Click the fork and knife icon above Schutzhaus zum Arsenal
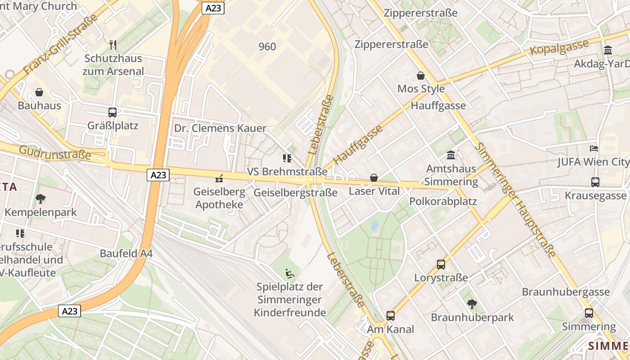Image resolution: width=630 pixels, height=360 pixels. [x=113, y=45]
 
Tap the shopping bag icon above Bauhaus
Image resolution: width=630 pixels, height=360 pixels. [x=39, y=92]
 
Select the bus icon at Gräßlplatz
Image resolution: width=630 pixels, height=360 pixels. [x=112, y=112]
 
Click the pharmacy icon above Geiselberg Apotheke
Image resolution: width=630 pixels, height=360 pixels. [x=219, y=179]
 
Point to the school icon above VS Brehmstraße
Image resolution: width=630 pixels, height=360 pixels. [x=287, y=158]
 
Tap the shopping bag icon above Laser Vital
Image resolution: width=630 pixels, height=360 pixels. [x=373, y=178]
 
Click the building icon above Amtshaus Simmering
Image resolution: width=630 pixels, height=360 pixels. [x=450, y=155]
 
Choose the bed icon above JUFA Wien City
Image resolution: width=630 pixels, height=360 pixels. [x=594, y=148]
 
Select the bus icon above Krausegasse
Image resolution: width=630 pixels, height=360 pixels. [x=595, y=182]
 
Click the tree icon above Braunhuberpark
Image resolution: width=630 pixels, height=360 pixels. [x=472, y=304]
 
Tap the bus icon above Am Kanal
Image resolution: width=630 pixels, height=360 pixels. [x=390, y=316]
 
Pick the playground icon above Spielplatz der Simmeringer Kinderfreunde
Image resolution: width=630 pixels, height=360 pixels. [x=290, y=273]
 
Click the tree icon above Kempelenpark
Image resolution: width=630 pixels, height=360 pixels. [x=40, y=198]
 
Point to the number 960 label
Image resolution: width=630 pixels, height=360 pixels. [x=267, y=46]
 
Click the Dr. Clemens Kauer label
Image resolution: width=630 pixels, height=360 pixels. [x=220, y=128]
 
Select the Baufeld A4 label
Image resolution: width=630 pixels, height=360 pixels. [x=126, y=253]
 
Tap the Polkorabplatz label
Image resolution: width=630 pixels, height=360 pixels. [x=443, y=201]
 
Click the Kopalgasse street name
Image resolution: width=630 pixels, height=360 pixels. [x=559, y=47]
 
